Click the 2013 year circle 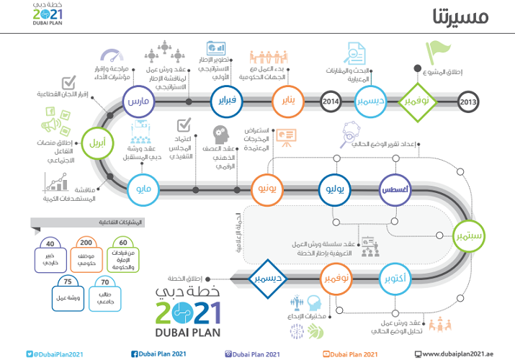467,102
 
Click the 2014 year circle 331,102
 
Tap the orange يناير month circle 287,102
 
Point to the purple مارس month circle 138,102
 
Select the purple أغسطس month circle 394,189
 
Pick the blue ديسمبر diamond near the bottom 268,278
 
